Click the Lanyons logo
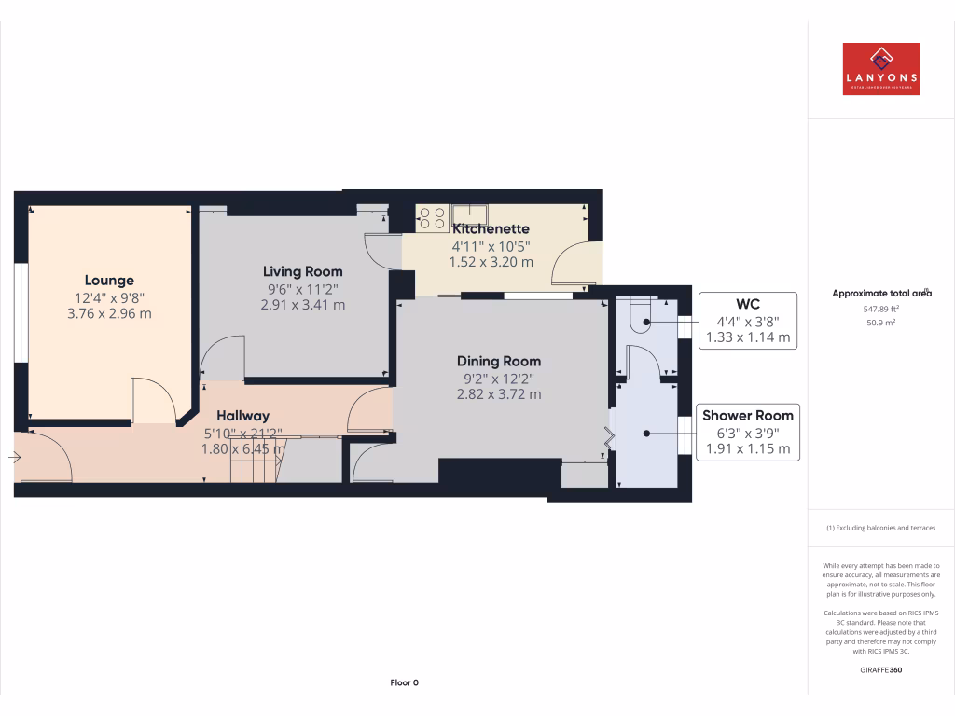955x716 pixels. pos(880,69)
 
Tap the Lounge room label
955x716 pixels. pos(109,280)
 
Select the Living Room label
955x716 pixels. pos(302,271)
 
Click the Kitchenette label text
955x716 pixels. pos(491,228)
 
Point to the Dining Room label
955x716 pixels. pos(498,361)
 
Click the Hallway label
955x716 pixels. pos(242,416)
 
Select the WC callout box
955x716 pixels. pos(747,321)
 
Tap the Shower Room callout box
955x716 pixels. pos(747,432)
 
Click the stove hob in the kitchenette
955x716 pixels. pos(432,217)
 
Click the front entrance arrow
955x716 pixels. pos(14,458)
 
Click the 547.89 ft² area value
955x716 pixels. pos(880,308)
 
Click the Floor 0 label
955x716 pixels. pos(404,682)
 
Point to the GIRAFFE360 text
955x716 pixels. pos(881,669)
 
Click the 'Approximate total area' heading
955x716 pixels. pos(881,293)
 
